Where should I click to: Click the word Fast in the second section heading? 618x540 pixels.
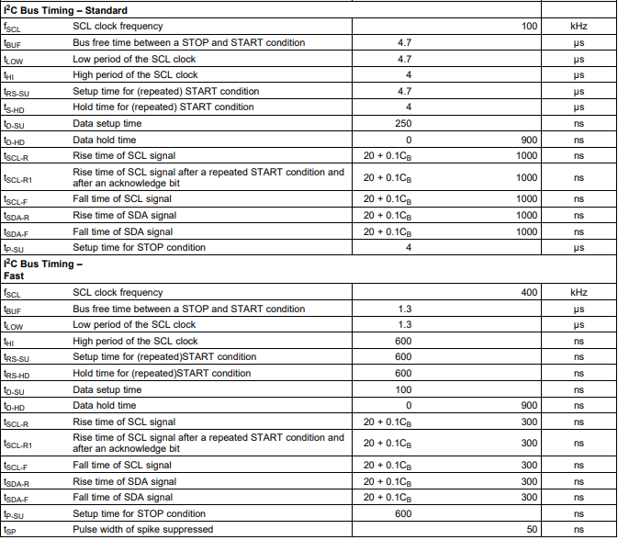pyautogui.click(x=14, y=276)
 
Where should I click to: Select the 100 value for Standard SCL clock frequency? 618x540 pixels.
pyautogui.click(x=529, y=27)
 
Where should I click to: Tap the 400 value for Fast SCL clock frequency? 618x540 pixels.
pyautogui.click(x=529, y=292)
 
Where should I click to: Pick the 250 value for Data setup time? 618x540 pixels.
pyautogui.click(x=403, y=123)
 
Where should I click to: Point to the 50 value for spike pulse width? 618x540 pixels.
pyautogui.click(x=532, y=530)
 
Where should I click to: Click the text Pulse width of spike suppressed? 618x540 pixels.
pyautogui.click(x=142, y=530)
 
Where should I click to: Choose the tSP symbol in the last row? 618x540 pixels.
pyautogui.click(x=10, y=531)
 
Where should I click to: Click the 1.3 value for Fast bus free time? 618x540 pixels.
pyautogui.click(x=403, y=309)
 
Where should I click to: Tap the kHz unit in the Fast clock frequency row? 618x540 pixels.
pyautogui.click(x=579, y=292)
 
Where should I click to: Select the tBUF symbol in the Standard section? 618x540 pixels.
pyautogui.click(x=13, y=43)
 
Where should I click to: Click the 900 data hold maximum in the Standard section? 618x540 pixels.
pyautogui.click(x=529, y=140)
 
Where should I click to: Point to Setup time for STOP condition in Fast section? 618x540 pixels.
pyautogui.click(x=139, y=513)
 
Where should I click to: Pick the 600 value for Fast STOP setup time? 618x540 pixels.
pyautogui.click(x=403, y=513)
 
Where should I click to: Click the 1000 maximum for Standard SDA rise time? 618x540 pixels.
pyautogui.click(x=526, y=215)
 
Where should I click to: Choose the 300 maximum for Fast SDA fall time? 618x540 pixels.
pyautogui.click(x=529, y=497)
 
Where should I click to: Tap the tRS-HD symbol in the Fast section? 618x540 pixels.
pyautogui.click(x=17, y=374)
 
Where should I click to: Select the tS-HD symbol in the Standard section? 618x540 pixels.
pyautogui.click(x=15, y=107)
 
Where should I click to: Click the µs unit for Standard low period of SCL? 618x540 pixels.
pyautogui.click(x=579, y=59)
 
